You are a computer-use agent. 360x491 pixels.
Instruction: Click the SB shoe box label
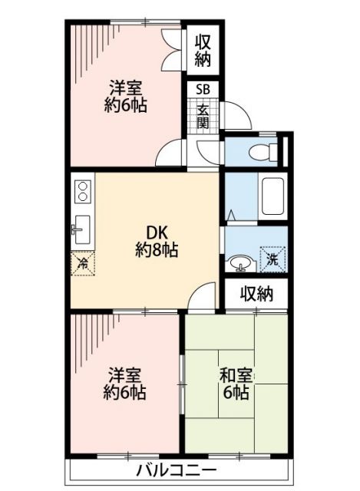pos(203,89)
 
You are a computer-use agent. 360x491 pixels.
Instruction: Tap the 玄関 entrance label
pos(203,117)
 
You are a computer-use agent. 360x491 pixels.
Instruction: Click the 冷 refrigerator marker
pos(83,262)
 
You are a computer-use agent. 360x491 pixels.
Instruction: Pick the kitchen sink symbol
pos(82,227)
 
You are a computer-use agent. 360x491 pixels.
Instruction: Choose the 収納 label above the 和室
pos(256,293)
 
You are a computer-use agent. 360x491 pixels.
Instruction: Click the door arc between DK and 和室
pos(203,295)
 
